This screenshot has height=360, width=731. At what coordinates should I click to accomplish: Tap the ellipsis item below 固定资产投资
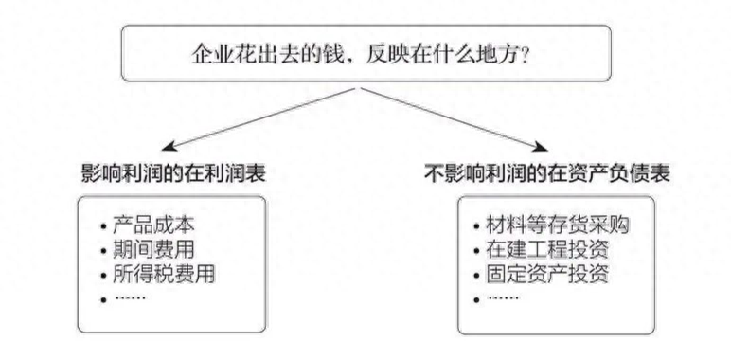[503, 298]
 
